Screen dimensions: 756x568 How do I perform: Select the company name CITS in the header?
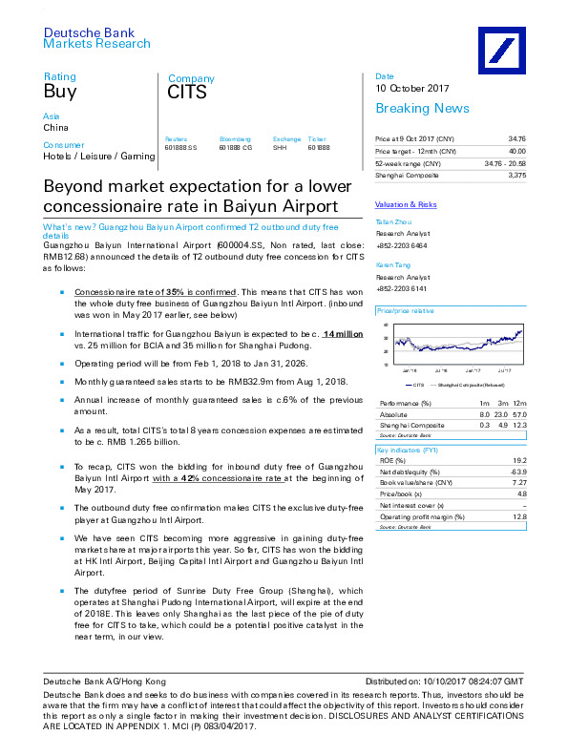(x=187, y=94)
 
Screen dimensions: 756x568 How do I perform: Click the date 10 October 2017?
(x=412, y=89)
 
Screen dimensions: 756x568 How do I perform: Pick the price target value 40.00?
(x=516, y=151)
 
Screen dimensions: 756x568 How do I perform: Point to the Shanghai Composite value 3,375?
(x=516, y=175)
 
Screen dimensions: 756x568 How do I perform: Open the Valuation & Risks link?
(x=406, y=204)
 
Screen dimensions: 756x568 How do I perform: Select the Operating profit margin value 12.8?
(x=516, y=517)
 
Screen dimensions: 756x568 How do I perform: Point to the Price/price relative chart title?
(x=406, y=311)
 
